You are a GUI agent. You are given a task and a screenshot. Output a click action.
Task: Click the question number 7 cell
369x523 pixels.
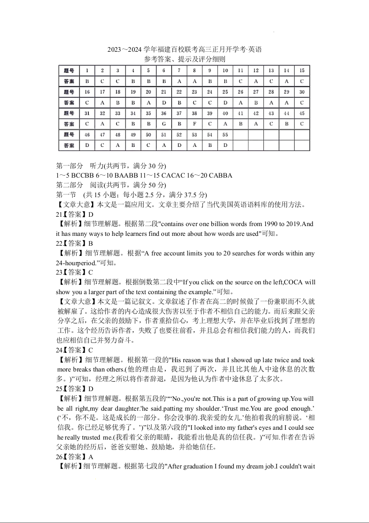[179, 70]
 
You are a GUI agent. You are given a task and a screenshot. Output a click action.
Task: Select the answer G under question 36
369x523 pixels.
[164, 124]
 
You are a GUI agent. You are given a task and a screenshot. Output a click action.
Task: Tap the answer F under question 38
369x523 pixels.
[195, 124]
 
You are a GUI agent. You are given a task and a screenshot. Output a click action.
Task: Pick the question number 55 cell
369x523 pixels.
[225, 135]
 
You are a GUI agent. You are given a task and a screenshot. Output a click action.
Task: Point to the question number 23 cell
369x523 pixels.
[195, 92]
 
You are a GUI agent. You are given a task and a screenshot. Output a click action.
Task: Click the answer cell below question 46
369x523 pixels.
[87, 145]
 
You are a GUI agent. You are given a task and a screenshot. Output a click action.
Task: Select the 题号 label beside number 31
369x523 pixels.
[69, 113]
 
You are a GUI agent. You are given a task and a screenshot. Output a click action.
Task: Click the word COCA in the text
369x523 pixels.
[294, 282]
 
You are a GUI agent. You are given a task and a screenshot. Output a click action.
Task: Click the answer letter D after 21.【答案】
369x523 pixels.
[91, 214]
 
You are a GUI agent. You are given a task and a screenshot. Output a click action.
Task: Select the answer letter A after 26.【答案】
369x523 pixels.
[91, 457]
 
